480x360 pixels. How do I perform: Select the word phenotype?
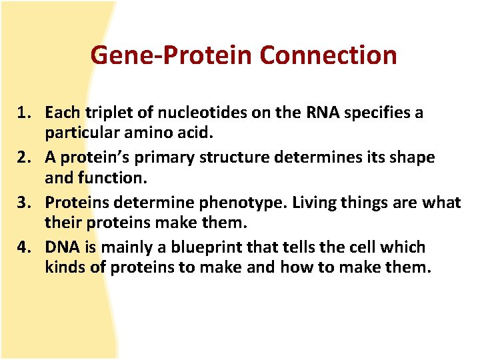click(x=227, y=202)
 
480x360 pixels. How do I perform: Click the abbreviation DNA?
click(x=61, y=247)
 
